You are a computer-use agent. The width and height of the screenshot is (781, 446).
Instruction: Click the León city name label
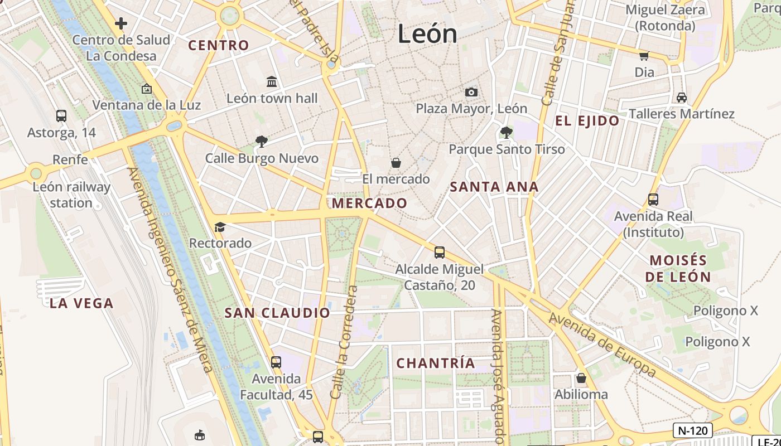(427, 34)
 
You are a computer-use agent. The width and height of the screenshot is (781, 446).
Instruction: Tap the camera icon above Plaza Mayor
(471, 92)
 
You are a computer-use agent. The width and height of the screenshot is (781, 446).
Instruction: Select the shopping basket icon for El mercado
(396, 163)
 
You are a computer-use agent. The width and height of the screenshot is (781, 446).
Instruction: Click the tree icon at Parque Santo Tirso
(507, 133)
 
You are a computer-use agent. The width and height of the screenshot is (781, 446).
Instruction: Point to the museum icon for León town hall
(272, 82)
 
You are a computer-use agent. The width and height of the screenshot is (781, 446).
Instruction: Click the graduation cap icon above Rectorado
(220, 227)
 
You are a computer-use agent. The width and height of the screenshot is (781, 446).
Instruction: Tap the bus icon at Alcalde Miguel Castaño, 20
(440, 253)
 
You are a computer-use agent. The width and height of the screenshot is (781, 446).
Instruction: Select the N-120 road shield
(692, 430)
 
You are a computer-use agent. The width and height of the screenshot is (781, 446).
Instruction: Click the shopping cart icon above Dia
(644, 56)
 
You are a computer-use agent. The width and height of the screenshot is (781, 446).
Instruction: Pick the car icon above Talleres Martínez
(681, 98)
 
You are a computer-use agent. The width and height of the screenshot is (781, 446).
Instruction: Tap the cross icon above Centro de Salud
(120, 23)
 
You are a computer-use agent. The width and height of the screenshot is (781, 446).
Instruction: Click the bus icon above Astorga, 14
(61, 116)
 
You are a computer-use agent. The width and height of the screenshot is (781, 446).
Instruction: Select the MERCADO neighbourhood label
(369, 203)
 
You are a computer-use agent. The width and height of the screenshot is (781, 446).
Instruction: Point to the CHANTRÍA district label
(436, 363)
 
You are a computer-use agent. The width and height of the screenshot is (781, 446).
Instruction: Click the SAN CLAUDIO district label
(277, 313)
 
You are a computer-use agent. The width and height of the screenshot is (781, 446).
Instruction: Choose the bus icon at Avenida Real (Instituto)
(653, 200)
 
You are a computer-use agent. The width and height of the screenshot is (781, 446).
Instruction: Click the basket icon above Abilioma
(581, 379)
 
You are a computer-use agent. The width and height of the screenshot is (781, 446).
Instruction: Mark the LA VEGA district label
(81, 303)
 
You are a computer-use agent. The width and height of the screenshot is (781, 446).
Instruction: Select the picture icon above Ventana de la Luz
(146, 89)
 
